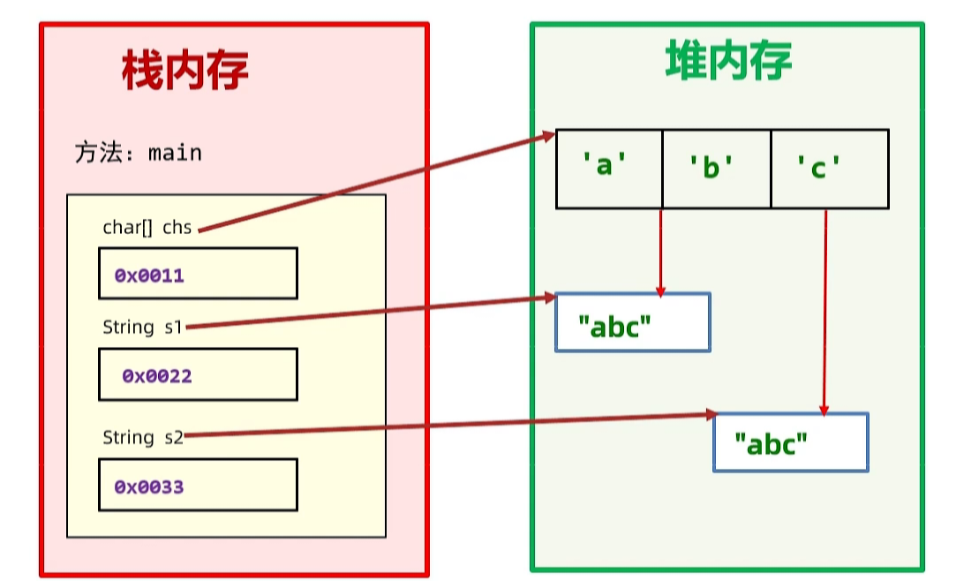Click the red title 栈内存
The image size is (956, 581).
tap(184, 70)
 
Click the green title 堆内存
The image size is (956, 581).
tap(728, 61)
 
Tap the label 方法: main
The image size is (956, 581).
tap(139, 153)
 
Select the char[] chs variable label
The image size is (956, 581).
tap(147, 227)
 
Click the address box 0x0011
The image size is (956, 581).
tap(198, 274)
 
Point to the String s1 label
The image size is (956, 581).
tap(142, 327)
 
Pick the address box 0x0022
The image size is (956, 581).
tap(198, 374)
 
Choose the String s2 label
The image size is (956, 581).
tap(142, 437)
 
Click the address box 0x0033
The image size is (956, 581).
tap(198, 485)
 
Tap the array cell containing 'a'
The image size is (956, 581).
tap(608, 169)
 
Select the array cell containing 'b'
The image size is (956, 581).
tap(716, 169)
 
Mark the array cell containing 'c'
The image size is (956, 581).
tap(829, 169)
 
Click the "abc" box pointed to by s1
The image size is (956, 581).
tap(632, 322)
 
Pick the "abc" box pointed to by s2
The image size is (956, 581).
tap(790, 441)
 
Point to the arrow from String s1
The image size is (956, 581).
tap(371, 313)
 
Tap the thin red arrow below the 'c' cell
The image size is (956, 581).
tap(824, 309)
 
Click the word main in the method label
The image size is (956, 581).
tap(175, 153)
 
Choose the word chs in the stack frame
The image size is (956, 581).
tap(177, 227)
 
